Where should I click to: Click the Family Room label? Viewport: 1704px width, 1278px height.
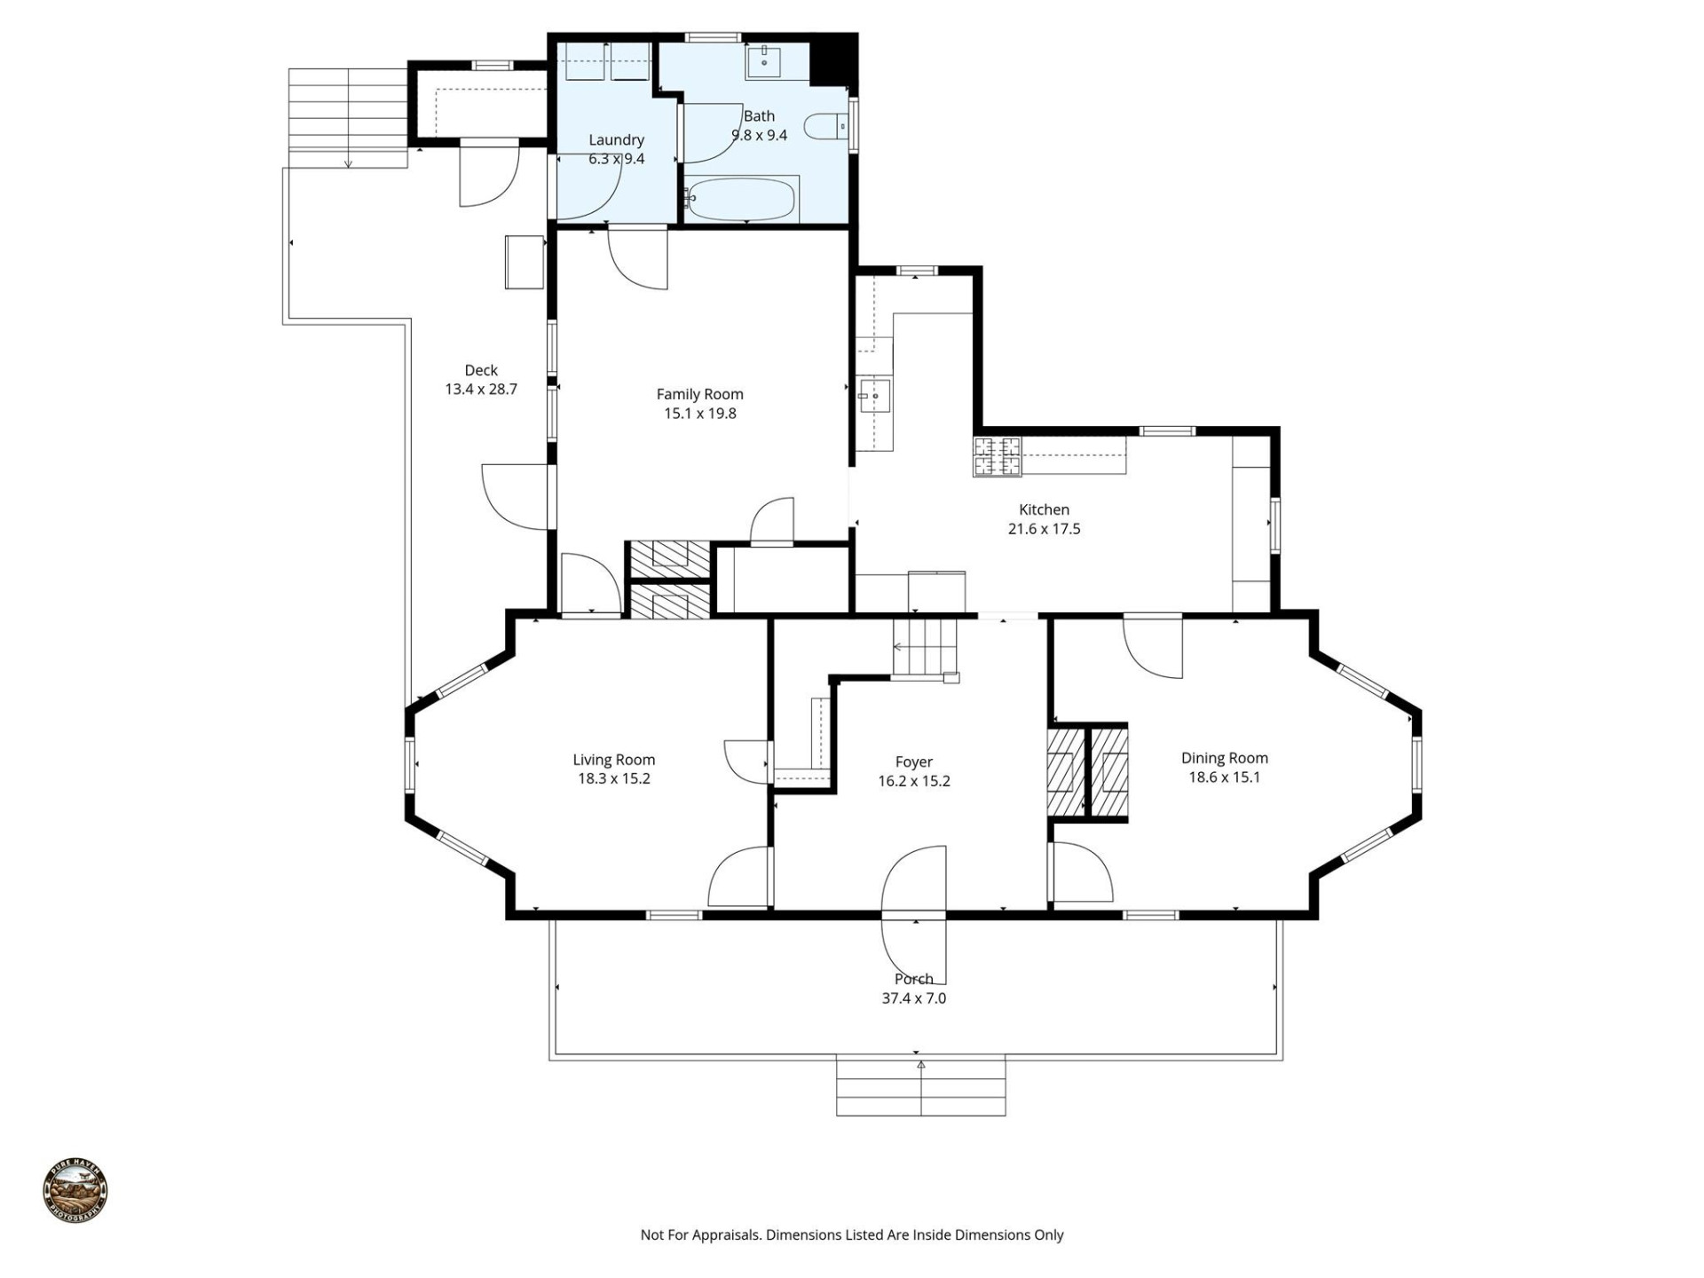coord(699,394)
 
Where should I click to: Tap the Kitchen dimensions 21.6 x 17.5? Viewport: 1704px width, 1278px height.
coord(1044,529)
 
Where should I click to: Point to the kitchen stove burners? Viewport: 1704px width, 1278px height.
coord(997,457)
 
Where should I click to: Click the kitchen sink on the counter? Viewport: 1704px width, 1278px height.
coord(873,396)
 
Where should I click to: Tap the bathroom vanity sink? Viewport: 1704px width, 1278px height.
coord(763,61)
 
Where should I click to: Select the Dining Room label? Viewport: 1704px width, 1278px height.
coord(1224,758)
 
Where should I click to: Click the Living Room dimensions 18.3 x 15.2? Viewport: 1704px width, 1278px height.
coord(613,778)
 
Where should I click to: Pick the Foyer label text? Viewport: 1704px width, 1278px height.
coord(913,761)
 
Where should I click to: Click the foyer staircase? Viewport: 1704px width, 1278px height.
coord(927,648)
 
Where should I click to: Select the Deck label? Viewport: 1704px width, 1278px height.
coord(481,370)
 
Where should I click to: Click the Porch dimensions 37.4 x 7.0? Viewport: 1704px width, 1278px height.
coord(913,998)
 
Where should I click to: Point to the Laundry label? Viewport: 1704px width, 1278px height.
coord(616,139)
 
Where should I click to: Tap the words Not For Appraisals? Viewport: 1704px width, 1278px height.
coord(700,1235)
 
